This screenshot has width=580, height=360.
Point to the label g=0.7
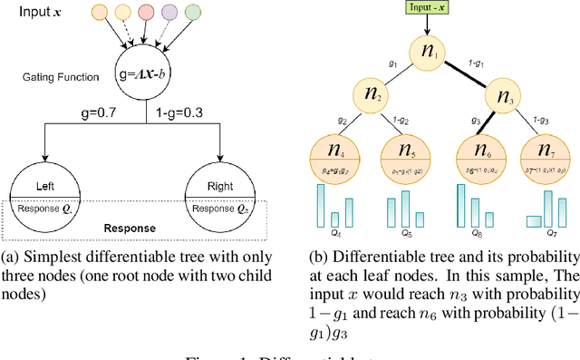coord(94,114)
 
